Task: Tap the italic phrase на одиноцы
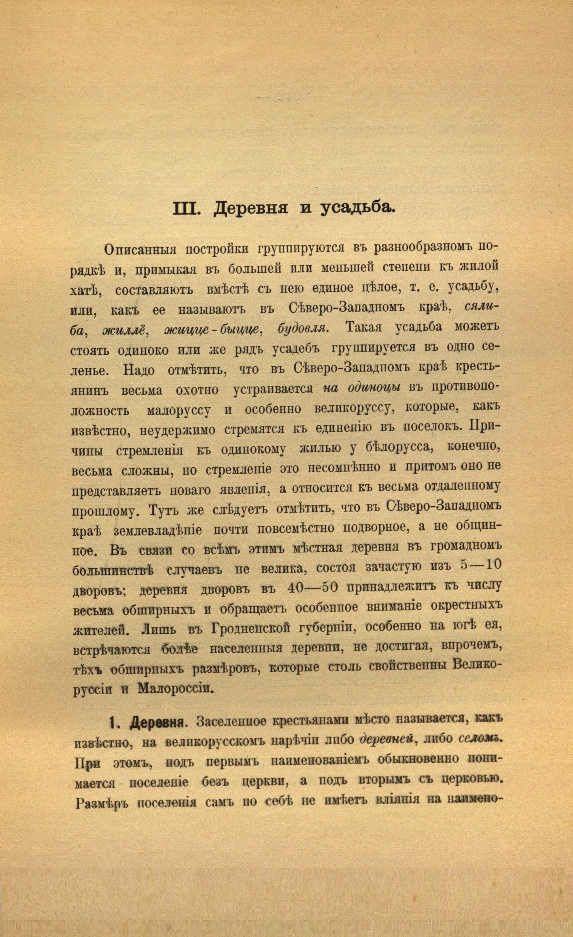[362, 388]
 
